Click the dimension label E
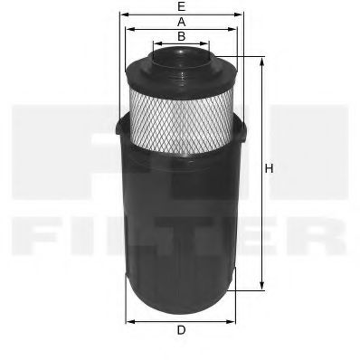tap(181, 6)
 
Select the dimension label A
tap(181, 21)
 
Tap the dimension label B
tap(181, 36)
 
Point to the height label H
tap(269, 169)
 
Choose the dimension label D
tap(181, 330)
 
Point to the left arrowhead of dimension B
tap(155, 43)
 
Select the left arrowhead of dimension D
tap(128, 319)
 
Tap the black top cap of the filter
tap(181, 63)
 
